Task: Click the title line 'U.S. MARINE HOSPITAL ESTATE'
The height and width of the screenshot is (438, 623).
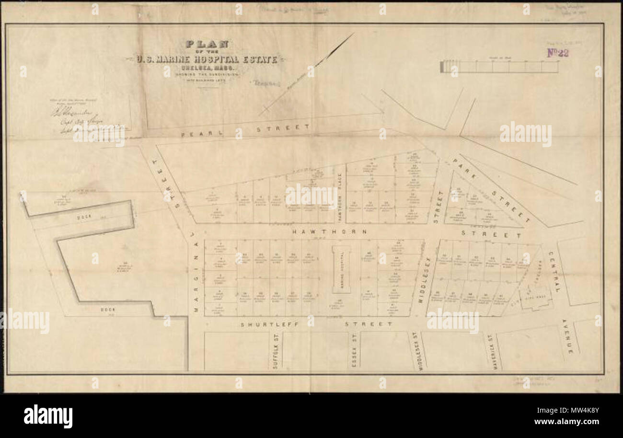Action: coord(206,60)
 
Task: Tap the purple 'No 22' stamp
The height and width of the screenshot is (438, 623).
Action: coord(558,53)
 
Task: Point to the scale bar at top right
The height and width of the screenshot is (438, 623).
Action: coord(499,67)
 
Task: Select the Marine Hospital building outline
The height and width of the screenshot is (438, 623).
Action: coord(341,270)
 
